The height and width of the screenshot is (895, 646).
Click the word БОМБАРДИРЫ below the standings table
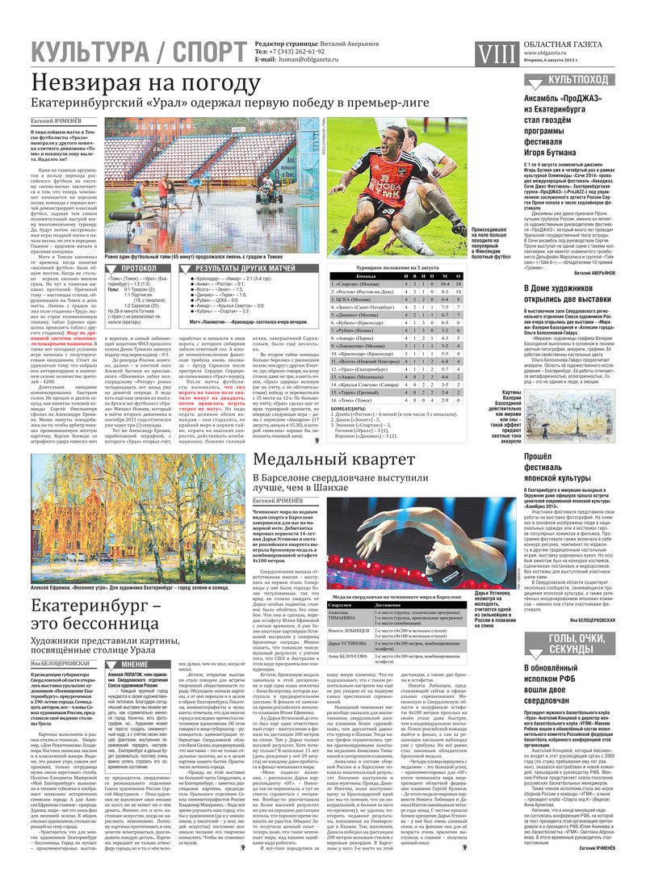click(x=350, y=410)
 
